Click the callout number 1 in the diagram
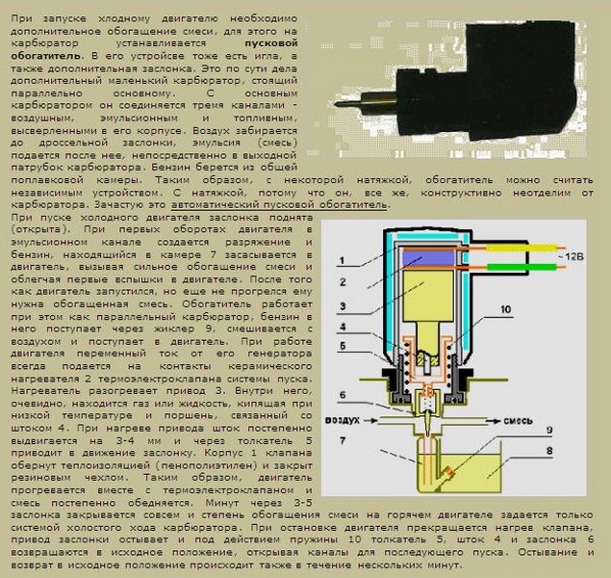tap(342, 260)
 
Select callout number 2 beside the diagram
tap(343, 282)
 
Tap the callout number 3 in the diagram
tap(343, 306)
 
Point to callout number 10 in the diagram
tap(505, 309)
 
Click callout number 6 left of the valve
tap(343, 395)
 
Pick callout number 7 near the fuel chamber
tap(343, 440)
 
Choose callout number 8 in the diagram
tap(549, 451)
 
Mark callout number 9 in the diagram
tap(549, 431)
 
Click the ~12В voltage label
tap(571, 257)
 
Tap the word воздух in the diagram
tap(343, 420)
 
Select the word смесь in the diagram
tap(518, 421)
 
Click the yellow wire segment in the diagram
tap(521, 248)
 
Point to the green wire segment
tap(522, 267)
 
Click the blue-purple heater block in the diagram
tap(428, 258)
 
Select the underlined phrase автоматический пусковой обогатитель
tap(279, 204)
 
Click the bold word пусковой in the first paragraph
tap(271, 43)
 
